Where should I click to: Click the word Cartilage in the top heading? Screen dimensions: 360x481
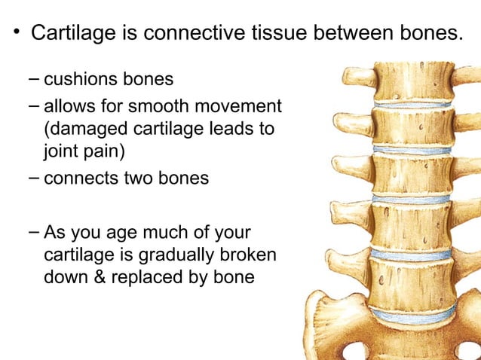click(x=74, y=34)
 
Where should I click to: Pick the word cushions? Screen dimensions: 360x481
click(x=78, y=78)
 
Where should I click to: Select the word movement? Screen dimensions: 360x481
click(x=237, y=106)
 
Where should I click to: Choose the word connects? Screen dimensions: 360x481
click(x=78, y=179)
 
